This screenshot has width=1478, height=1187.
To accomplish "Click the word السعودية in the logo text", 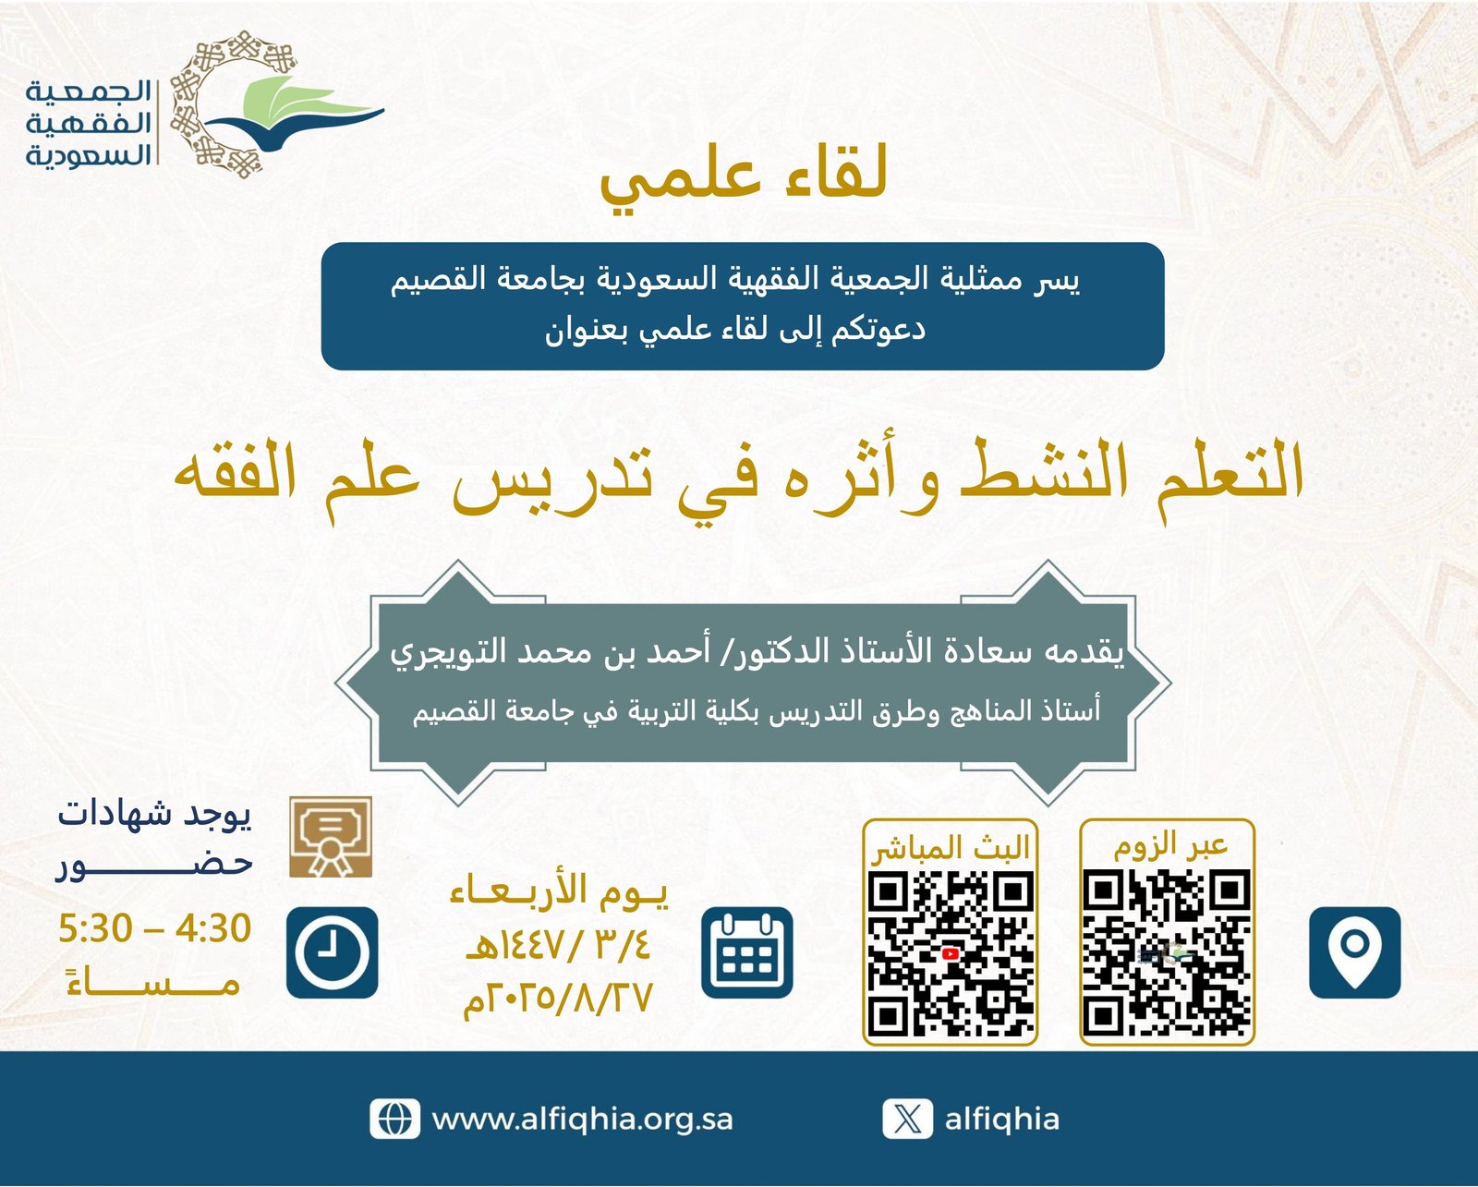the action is pos(88,155).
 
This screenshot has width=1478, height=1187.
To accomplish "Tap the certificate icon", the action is pos(331,837).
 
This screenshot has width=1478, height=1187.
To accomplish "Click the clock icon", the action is pos(332,952).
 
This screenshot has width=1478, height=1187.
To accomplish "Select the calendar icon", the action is pos(747,952).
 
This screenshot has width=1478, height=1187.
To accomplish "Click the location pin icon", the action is pos(1354,952).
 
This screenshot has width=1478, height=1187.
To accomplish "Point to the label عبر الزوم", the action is pos(1170,845).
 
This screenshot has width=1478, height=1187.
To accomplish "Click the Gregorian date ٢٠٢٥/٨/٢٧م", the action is pos(557,999).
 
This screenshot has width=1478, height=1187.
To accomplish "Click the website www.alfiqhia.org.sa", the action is pos(582,1119).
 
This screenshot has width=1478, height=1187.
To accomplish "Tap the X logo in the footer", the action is pos(907,1119).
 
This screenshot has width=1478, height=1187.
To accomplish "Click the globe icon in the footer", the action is pos(394,1119).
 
